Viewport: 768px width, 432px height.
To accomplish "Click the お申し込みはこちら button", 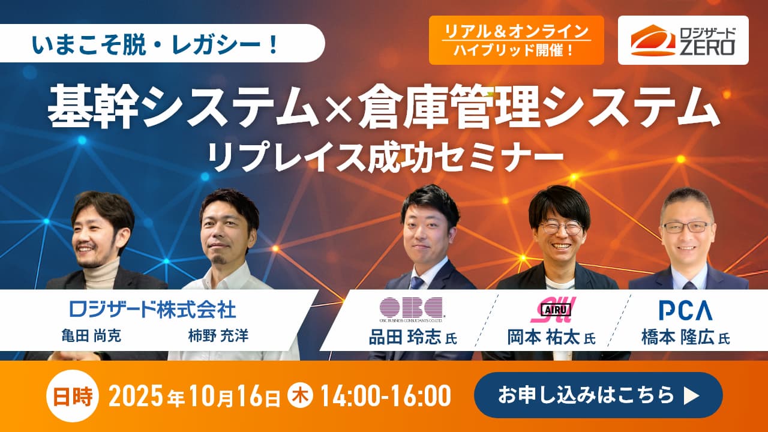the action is (598, 395).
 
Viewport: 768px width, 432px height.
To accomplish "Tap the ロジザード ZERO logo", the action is (683, 40).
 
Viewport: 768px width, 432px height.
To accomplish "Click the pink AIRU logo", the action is (553, 310).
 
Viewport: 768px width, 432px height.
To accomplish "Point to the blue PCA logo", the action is (686, 310).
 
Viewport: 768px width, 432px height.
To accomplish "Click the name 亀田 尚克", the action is (91, 336).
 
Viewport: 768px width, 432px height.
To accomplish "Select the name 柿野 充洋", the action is (218, 336).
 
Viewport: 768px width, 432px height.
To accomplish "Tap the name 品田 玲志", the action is (404, 337).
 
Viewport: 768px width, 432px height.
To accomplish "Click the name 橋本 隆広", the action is (678, 337).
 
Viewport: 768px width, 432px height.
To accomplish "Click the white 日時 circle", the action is (73, 396).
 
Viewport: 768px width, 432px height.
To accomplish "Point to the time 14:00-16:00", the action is (386, 395).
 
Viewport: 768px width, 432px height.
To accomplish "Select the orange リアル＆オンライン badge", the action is (517, 40).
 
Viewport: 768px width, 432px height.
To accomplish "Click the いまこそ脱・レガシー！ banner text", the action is (156, 44).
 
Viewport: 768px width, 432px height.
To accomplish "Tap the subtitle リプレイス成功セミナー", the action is (386, 157).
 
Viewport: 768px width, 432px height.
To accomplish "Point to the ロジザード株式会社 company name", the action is (153, 309).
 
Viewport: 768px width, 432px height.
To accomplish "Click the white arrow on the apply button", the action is (691, 396).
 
